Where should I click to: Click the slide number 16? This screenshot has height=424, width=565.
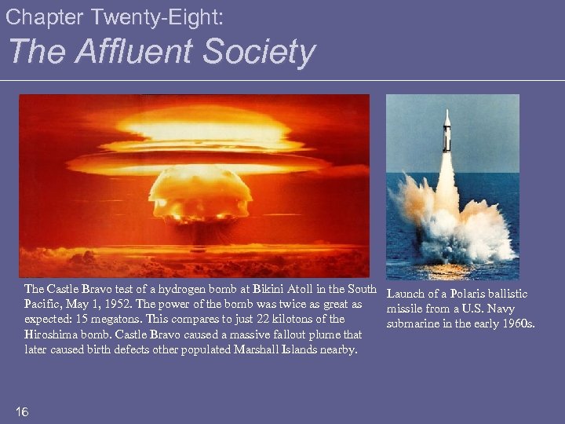tap(22, 412)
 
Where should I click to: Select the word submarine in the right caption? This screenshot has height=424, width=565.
tap(414, 323)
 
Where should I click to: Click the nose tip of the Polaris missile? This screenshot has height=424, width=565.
tap(447, 111)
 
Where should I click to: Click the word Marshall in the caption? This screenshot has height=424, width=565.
tap(265, 349)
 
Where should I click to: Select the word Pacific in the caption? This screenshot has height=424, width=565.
tap(44, 304)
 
